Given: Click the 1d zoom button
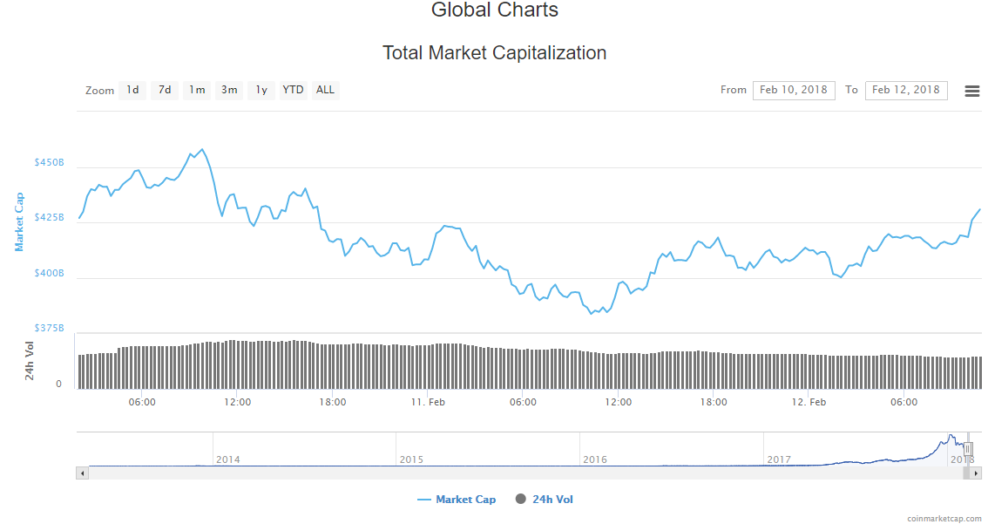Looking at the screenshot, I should (132, 90).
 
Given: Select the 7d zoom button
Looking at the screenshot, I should (165, 90).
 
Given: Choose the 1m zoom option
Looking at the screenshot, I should (197, 90).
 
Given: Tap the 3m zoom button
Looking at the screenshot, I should (229, 90).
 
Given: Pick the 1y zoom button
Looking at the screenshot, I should (261, 90).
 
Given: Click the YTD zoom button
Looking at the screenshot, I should (294, 90).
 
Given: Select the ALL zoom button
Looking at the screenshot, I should (325, 90).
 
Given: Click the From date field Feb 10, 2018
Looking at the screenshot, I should (793, 90).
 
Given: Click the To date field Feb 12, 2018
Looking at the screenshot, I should (905, 90).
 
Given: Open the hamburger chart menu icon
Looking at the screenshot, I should (972, 91).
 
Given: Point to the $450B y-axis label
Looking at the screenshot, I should (49, 163).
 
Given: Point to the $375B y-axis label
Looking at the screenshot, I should (49, 328).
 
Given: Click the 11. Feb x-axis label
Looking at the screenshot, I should (428, 402).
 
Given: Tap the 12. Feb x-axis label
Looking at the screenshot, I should (809, 402).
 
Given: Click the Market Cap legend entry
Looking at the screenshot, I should (465, 500).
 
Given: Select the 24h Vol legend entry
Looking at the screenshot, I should (552, 500).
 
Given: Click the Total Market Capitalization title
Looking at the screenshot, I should (494, 53).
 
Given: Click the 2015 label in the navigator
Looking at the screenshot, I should (411, 459).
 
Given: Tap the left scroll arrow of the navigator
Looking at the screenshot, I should (83, 473).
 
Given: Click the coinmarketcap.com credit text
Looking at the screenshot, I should (943, 518).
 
